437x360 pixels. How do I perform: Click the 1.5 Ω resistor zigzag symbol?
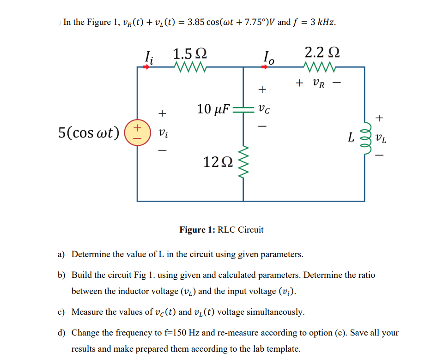pos(190,67)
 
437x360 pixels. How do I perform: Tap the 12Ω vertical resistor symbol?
pos(243,162)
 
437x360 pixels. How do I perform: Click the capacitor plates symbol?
pos(243,110)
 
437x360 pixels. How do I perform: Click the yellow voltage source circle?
pos(138,132)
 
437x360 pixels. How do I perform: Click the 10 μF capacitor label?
pos(213,109)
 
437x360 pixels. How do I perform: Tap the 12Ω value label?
pos(216,162)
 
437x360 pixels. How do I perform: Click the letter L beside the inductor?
pos(352,138)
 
